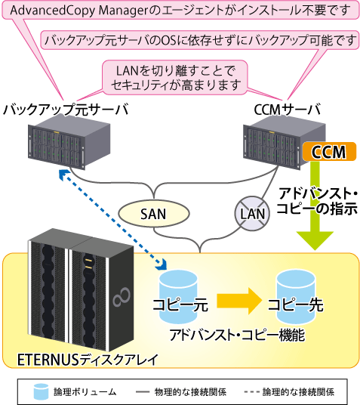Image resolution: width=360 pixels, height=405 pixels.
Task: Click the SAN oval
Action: pyautogui.click(x=154, y=214)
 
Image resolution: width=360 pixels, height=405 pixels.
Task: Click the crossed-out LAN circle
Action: pyautogui.click(x=252, y=214)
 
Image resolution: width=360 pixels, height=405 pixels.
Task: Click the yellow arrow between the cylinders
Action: pyautogui.click(x=239, y=301)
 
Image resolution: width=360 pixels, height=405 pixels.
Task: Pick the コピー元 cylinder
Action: pyautogui.click(x=178, y=297)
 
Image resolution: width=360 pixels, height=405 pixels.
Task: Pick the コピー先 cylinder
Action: pyautogui.click(x=296, y=297)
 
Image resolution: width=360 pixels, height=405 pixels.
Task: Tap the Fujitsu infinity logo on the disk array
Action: pyautogui.click(x=122, y=297)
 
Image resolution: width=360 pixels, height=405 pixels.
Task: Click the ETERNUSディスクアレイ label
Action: pyautogui.click(x=88, y=359)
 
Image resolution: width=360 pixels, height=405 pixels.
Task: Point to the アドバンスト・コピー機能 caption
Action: pyautogui.click(x=237, y=335)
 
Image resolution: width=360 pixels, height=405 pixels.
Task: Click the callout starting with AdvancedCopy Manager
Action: pyautogui.click(x=180, y=11)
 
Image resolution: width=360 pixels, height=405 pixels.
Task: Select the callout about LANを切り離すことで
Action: pyautogui.click(x=175, y=78)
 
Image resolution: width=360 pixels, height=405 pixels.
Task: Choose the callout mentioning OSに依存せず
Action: pyautogui.click(x=200, y=40)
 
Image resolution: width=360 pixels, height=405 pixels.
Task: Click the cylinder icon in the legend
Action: pyautogui.click(x=41, y=391)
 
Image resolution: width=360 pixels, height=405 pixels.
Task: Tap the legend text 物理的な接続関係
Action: pyautogui.click(x=190, y=392)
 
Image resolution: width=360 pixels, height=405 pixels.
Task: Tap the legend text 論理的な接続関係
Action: pyautogui.click(x=299, y=392)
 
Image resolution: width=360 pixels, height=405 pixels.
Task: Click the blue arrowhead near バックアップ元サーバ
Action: pyautogui.click(x=63, y=175)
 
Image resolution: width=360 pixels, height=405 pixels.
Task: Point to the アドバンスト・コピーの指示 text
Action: pyautogui.click(x=318, y=201)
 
